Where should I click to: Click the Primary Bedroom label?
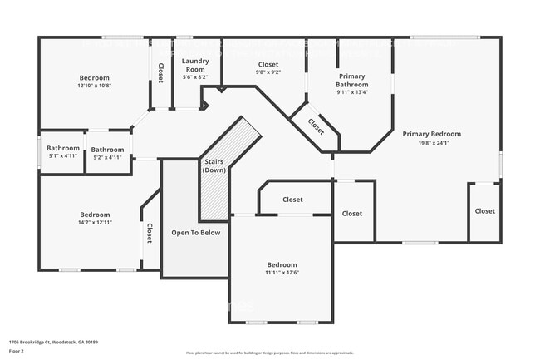(x=431, y=133)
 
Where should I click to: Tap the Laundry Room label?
(x=195, y=65)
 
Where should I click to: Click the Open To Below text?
(x=195, y=232)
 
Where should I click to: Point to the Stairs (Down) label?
(x=214, y=165)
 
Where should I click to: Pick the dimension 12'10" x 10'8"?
(x=95, y=85)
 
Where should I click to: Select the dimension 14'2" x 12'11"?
(x=95, y=222)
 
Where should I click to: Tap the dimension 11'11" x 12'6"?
(x=282, y=272)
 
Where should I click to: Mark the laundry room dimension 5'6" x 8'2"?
(x=195, y=76)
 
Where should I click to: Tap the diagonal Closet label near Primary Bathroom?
(x=317, y=126)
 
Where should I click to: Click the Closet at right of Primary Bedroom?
(x=484, y=211)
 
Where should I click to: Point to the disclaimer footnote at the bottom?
(x=269, y=353)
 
